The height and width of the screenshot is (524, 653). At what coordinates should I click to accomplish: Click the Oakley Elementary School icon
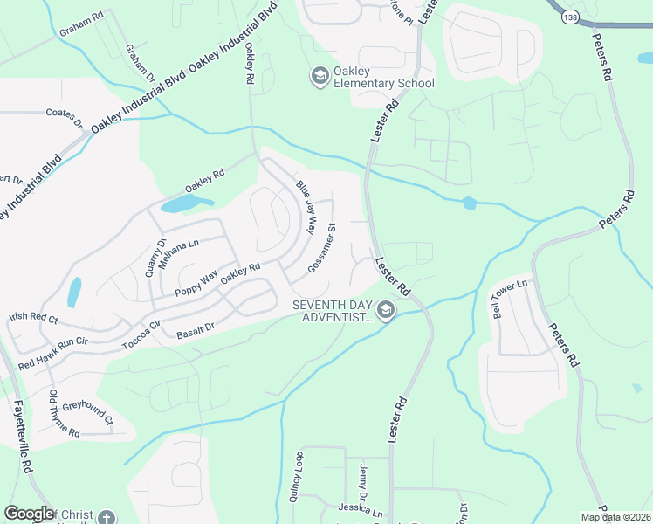319,76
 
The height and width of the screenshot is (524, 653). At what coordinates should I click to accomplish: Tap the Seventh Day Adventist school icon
385,310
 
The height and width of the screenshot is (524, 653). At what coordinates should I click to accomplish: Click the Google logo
29,514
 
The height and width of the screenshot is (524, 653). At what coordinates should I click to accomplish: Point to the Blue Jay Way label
306,207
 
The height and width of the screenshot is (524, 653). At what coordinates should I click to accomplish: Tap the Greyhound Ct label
87,413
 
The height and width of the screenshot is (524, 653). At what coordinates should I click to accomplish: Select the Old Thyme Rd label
64,416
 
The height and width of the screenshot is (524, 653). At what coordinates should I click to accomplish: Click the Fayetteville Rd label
23,437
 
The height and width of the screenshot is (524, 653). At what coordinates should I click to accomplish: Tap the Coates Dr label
64,113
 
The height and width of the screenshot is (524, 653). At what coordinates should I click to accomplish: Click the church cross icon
107,517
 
